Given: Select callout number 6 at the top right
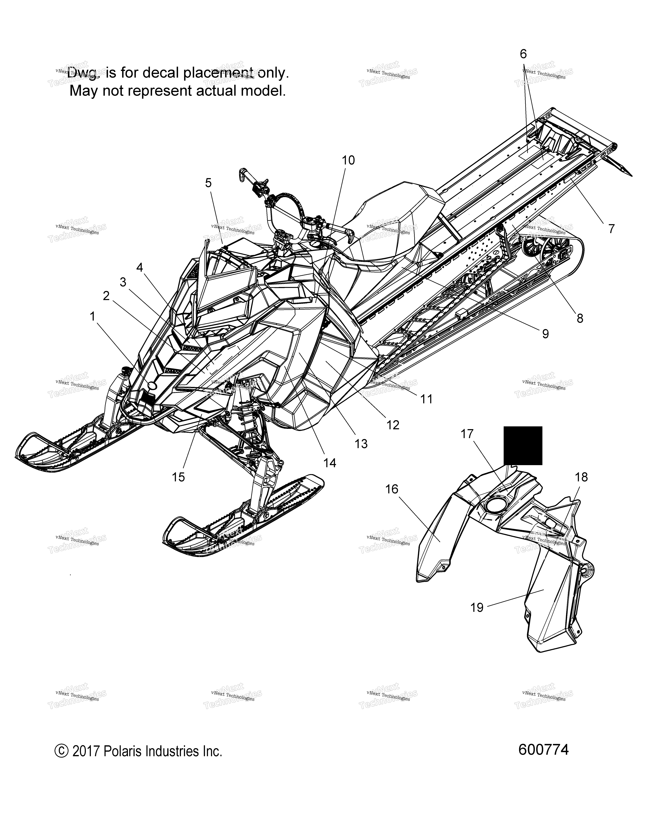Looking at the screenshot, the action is click(x=523, y=54).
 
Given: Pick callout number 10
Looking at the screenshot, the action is click(x=348, y=160).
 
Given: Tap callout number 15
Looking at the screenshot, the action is click(x=178, y=477).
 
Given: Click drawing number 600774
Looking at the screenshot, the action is click(x=543, y=750).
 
